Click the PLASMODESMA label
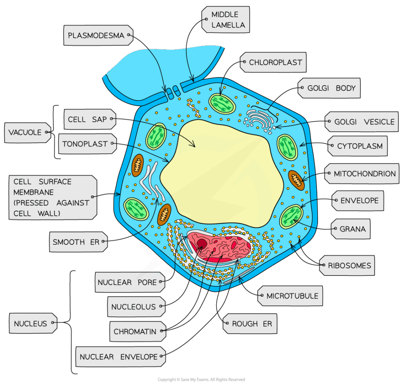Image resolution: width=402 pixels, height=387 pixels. coord(96,35)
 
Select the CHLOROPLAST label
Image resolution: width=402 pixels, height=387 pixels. coord(275,62)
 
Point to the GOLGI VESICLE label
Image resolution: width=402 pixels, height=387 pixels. coord(364,122)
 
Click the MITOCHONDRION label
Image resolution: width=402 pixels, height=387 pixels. coord(364,174)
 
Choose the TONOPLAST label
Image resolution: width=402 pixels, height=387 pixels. coord(85,144)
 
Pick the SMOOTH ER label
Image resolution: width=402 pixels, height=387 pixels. coord(76,242)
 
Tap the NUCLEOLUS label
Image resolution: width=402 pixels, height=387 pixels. coord(133,307)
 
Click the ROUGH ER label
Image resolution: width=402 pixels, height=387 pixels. coord(252,324)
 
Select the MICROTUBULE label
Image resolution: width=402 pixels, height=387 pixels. coord(292,296)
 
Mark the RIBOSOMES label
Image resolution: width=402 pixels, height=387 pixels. coord(349,266)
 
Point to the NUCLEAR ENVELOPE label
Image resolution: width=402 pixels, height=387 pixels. coord(119,357)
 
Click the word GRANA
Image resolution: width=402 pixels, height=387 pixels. coord(353,229)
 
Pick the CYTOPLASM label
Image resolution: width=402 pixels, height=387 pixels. coord(360,146)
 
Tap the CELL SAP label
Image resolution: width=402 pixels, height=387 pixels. coord(87,119)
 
